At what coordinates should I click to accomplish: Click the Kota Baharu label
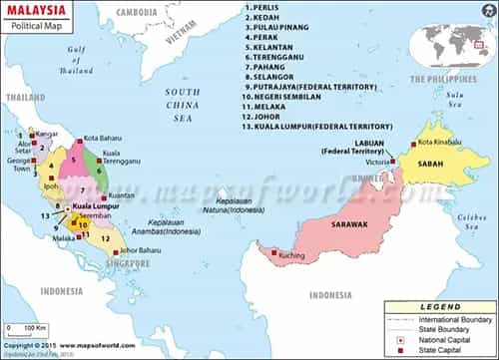[103, 137]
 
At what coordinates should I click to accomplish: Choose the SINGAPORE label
[129, 263]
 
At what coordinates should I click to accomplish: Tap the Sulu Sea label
[456, 101]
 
